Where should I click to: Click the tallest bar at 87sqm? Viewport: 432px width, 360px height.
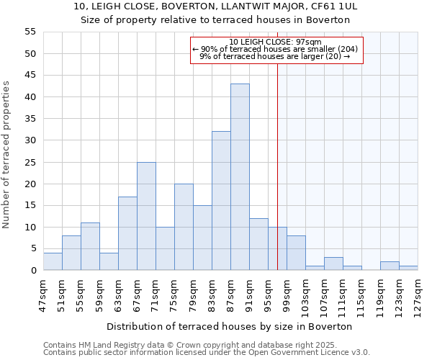(240, 177)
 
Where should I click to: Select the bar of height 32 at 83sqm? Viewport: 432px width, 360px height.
(221, 201)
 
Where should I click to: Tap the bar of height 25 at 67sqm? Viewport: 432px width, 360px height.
(146, 216)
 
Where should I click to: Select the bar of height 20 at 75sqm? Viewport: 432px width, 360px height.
(184, 227)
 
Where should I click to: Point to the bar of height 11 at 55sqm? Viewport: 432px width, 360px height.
(90, 246)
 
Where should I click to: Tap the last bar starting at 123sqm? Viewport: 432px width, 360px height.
(408, 268)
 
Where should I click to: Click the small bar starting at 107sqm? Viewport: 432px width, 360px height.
(333, 264)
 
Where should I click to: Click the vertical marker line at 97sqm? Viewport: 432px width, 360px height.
(277, 166)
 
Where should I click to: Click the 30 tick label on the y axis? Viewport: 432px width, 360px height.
(30, 140)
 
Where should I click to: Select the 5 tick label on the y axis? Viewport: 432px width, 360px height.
(32, 248)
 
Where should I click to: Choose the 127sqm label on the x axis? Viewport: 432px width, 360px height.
(418, 293)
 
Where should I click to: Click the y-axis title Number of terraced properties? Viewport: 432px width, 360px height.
(6, 155)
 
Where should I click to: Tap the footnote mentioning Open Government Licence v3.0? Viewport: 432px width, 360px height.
(207, 352)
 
